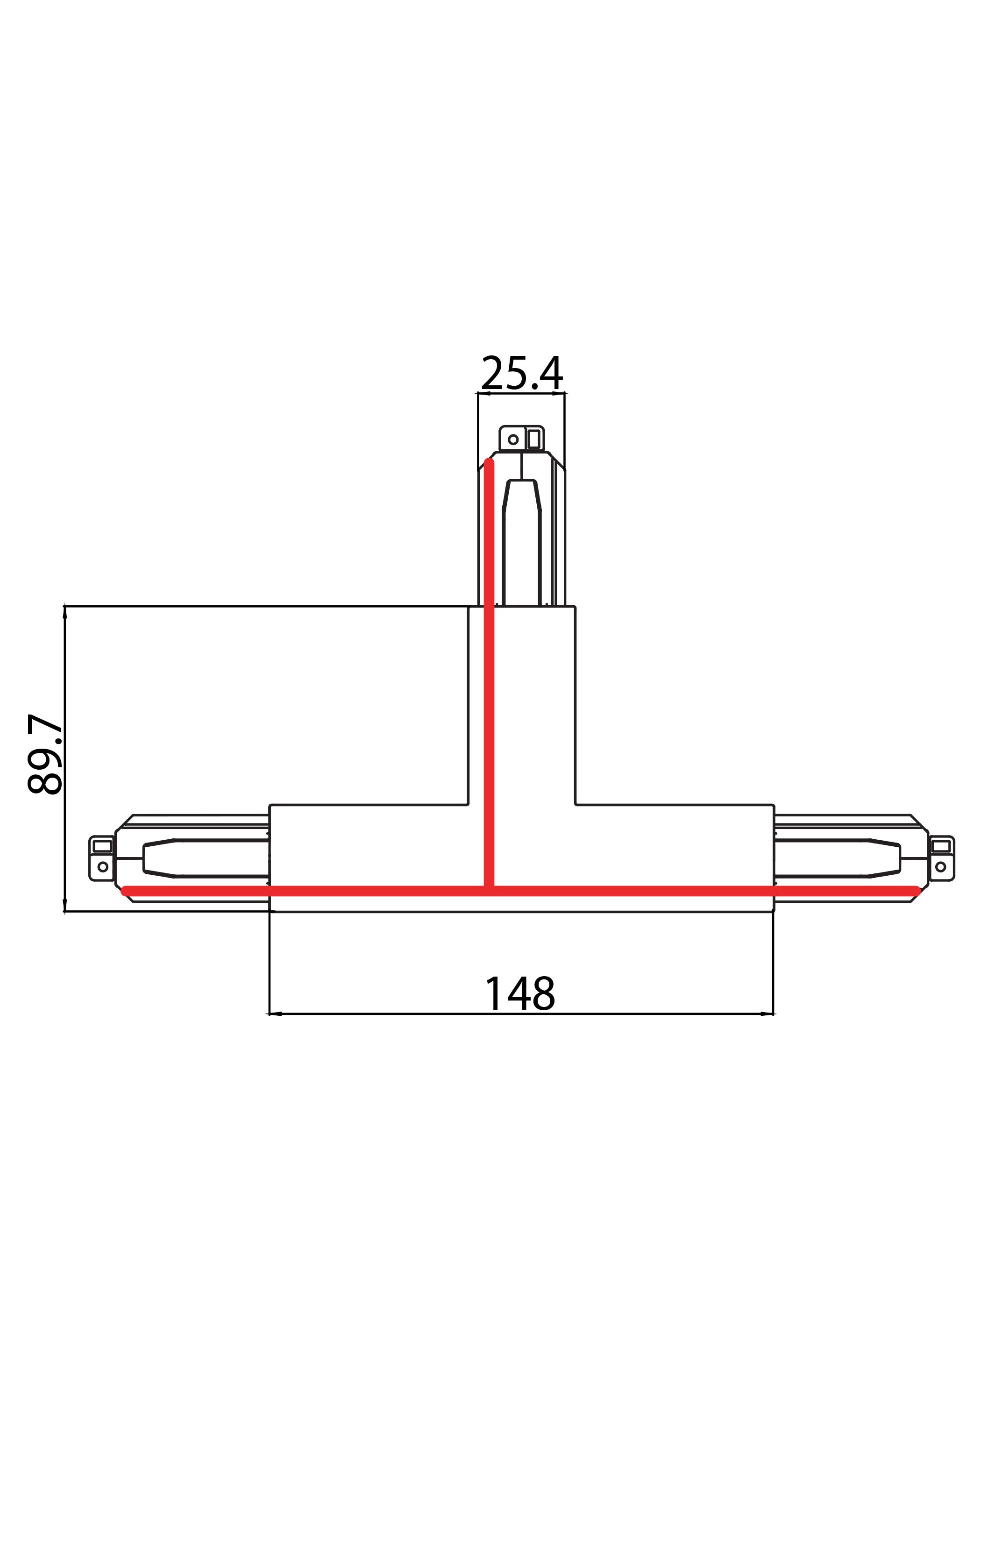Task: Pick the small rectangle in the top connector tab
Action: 533,439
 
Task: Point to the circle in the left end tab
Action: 103,867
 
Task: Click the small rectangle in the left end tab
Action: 103,846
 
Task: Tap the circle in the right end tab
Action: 941,867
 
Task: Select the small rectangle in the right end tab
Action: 941,846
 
